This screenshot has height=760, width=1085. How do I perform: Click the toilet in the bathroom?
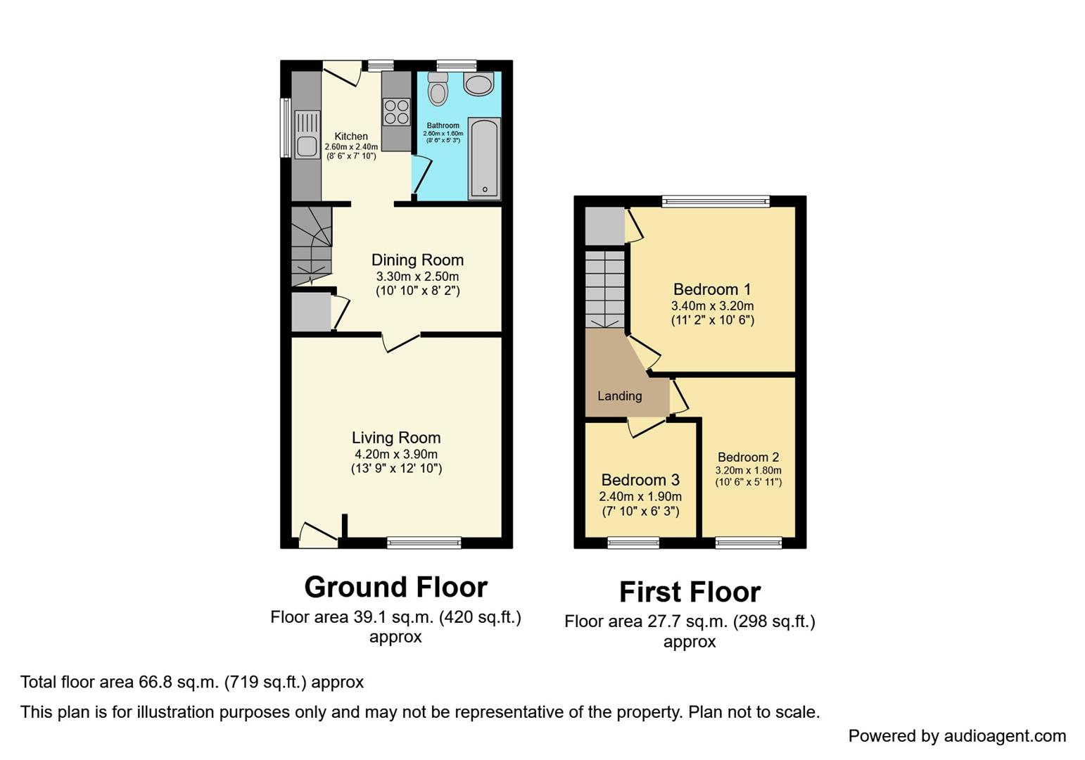click(438, 89)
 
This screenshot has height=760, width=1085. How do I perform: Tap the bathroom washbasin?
click(479, 85)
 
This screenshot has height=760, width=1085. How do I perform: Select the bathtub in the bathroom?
click(484, 159)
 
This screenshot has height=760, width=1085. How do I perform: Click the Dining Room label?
click(417, 260)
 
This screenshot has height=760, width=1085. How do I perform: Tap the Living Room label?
click(396, 438)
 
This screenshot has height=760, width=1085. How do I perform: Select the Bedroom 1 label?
click(712, 289)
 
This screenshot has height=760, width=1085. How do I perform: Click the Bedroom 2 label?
click(748, 457)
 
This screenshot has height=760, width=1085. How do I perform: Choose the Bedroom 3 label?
click(640, 480)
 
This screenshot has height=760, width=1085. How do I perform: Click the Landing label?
click(619, 396)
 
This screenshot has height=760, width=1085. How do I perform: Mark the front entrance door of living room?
click(318, 536)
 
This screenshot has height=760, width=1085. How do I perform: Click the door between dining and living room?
click(401, 342)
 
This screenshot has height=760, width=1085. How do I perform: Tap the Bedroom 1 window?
click(716, 202)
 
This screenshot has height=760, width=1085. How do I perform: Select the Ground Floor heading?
click(395, 587)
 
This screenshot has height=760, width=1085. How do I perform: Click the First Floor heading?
click(690, 592)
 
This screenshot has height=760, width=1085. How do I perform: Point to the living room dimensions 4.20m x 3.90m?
click(396, 455)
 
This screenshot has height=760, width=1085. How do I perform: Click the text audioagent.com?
click(1005, 736)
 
